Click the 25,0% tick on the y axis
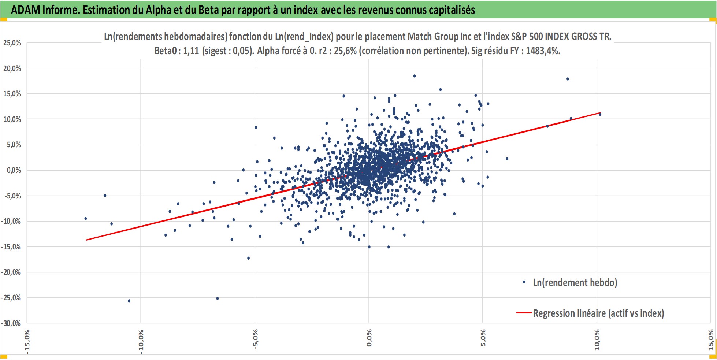click(x=12, y=43)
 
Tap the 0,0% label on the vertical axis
click(x=14, y=170)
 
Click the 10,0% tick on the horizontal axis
click(x=597, y=340)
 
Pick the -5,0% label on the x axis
click(x=255, y=339)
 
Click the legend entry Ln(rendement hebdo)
click(x=575, y=282)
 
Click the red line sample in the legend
click(x=524, y=313)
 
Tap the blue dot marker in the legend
click(x=524, y=282)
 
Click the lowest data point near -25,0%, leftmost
click(x=129, y=301)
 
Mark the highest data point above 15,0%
click(x=415, y=76)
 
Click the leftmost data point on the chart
click(x=86, y=218)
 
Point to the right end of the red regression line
click(x=601, y=113)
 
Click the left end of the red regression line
click(x=86, y=240)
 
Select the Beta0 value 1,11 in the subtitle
click(x=191, y=51)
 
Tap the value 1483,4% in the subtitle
click(x=543, y=51)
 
